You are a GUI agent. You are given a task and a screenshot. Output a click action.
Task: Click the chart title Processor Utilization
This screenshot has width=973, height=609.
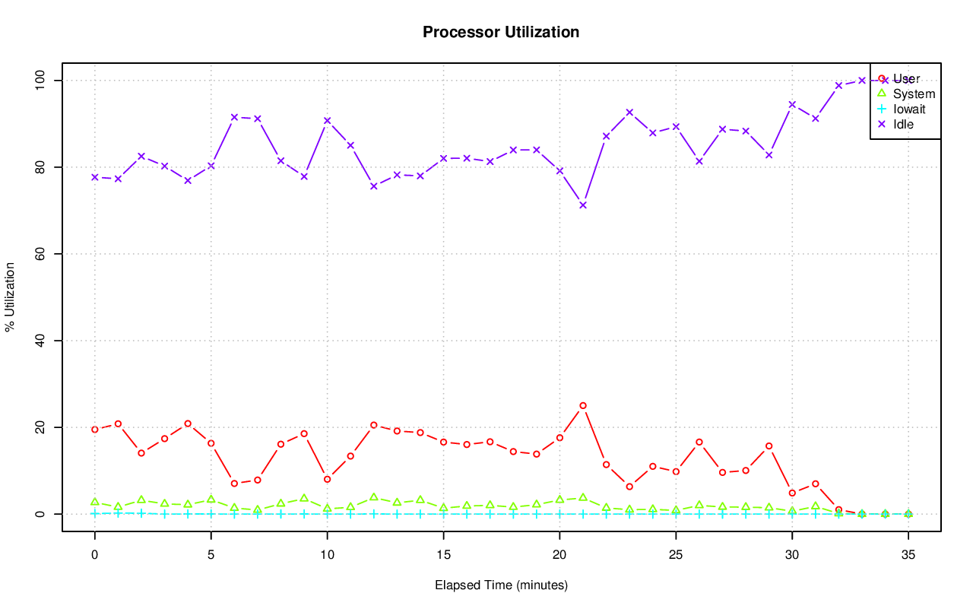[x=501, y=33]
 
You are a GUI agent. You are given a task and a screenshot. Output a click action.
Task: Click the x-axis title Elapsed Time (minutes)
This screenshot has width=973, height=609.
[x=501, y=585]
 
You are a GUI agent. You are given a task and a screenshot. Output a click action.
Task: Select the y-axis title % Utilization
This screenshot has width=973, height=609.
[x=10, y=297]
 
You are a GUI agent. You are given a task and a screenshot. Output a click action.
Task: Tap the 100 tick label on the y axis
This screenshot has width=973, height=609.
[x=40, y=80]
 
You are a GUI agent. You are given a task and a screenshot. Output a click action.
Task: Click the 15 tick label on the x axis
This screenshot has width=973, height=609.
[x=443, y=556]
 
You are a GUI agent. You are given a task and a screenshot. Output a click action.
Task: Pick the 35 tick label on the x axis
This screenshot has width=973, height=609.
[x=908, y=556]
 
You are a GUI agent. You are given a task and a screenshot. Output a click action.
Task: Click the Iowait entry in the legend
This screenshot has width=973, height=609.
[x=909, y=109]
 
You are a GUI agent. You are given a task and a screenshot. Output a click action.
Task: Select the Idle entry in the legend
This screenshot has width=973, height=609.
[x=903, y=124]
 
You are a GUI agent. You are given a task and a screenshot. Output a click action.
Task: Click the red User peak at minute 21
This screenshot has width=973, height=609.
[x=583, y=405]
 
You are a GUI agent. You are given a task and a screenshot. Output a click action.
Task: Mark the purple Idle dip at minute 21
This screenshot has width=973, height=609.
[x=583, y=205]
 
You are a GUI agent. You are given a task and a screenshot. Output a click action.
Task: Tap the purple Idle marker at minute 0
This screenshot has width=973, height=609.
[x=95, y=177]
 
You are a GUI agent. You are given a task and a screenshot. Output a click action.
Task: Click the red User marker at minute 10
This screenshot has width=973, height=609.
[x=328, y=479]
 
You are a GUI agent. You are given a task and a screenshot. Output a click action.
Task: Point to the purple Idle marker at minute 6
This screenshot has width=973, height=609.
[x=234, y=117]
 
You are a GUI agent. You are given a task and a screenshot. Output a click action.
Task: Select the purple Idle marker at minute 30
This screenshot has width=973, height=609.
[x=792, y=105]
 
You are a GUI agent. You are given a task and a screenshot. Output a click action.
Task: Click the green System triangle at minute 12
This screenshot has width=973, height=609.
[x=374, y=497]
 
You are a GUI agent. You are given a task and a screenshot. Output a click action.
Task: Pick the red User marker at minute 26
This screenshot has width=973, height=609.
[x=699, y=442]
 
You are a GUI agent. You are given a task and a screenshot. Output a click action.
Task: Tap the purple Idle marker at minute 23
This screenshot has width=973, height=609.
[x=629, y=113]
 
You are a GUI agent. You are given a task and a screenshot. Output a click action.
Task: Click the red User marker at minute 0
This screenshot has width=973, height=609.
[x=95, y=430]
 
